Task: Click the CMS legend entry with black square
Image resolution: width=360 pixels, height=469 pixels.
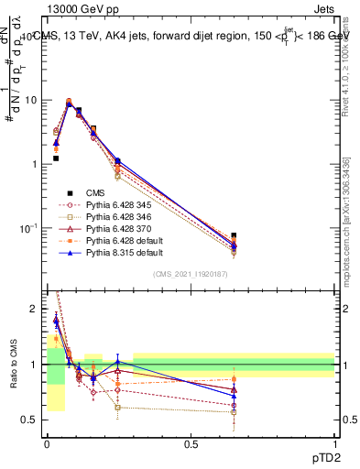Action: [96, 193]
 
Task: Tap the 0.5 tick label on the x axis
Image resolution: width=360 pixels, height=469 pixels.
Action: [191, 443]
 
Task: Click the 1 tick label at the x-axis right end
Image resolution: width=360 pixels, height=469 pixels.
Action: [334, 443]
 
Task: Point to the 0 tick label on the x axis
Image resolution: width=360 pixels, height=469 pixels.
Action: [48, 443]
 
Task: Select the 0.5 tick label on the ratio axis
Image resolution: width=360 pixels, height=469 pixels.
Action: [33, 420]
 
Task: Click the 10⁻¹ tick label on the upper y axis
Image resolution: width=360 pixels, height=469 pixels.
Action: [32, 227]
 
